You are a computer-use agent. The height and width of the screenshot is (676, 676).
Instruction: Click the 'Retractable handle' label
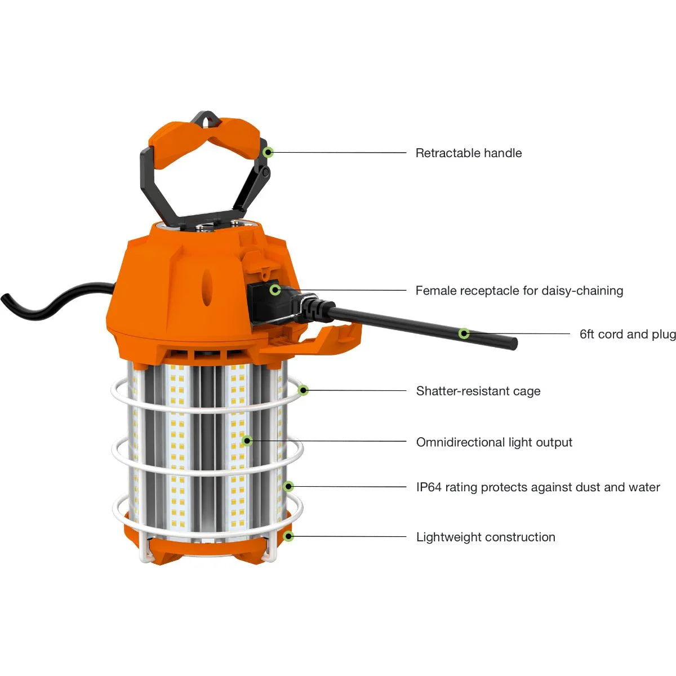[x=468, y=153]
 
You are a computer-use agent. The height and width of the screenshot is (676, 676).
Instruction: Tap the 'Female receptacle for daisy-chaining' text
[x=519, y=291]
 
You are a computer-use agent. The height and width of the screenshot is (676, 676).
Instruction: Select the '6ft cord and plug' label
[x=628, y=334]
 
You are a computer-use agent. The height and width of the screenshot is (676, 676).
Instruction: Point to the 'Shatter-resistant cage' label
[x=478, y=391]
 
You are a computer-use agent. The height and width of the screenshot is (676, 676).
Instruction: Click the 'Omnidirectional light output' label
[x=494, y=442]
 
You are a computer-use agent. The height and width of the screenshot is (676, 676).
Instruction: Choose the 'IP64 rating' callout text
[x=538, y=487]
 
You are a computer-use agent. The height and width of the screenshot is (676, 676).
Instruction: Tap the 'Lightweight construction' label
[x=486, y=537]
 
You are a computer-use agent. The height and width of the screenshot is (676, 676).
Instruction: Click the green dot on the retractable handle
[x=269, y=152]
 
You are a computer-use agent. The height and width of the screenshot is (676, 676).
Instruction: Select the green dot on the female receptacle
[x=275, y=290]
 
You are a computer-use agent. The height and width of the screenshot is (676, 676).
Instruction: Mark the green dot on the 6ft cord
[x=464, y=333]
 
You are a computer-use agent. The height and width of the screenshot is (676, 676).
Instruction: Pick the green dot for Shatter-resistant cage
[x=304, y=390]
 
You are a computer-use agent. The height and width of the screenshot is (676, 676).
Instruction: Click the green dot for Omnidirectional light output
[x=247, y=441]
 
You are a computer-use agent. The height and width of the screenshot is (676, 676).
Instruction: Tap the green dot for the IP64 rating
[x=288, y=486]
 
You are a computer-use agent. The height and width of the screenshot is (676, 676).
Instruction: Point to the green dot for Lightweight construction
[x=288, y=536]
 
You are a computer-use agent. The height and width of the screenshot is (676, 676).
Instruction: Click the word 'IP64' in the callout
[x=428, y=487]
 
